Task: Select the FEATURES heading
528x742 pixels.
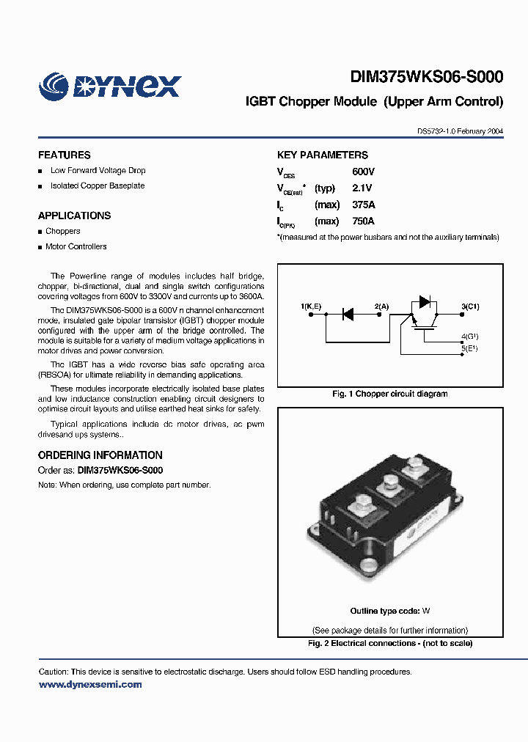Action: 65,155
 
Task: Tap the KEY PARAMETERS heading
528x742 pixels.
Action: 322,155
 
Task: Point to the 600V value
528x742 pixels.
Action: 363,172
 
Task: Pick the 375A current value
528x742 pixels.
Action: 363,205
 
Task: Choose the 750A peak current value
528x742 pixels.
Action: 363,221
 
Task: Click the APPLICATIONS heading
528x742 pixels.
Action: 74,216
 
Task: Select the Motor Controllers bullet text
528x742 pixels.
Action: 76,247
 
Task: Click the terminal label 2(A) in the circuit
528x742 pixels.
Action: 381,305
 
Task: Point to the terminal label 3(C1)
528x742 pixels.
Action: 470,305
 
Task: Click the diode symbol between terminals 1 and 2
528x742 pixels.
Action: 348,314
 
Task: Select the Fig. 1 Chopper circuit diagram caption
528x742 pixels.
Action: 390,394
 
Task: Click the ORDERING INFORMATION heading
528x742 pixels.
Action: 100,455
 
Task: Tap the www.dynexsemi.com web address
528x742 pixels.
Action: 89,685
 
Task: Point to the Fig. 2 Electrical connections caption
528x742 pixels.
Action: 390,644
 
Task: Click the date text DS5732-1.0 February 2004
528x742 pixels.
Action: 460,131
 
